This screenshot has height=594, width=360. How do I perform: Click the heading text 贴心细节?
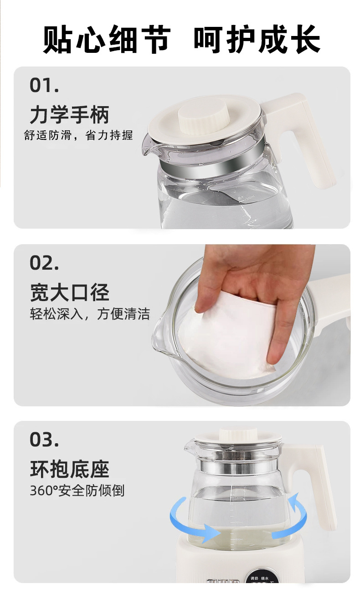(107, 40)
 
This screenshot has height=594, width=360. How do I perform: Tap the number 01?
(44, 86)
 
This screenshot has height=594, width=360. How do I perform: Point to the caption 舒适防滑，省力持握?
(78, 135)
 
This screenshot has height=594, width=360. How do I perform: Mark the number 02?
(44, 263)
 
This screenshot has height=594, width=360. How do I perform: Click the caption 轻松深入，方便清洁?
(90, 314)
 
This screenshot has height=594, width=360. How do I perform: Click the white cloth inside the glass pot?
(228, 337)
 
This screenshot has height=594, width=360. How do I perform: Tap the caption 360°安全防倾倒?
(77, 491)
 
